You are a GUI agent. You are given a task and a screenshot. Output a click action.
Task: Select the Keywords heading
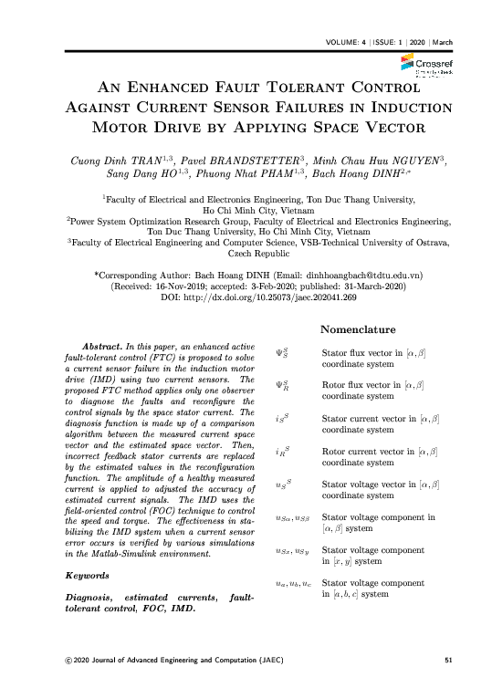(x=93, y=577)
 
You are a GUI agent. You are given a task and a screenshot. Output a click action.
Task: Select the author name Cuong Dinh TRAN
(x=100, y=161)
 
